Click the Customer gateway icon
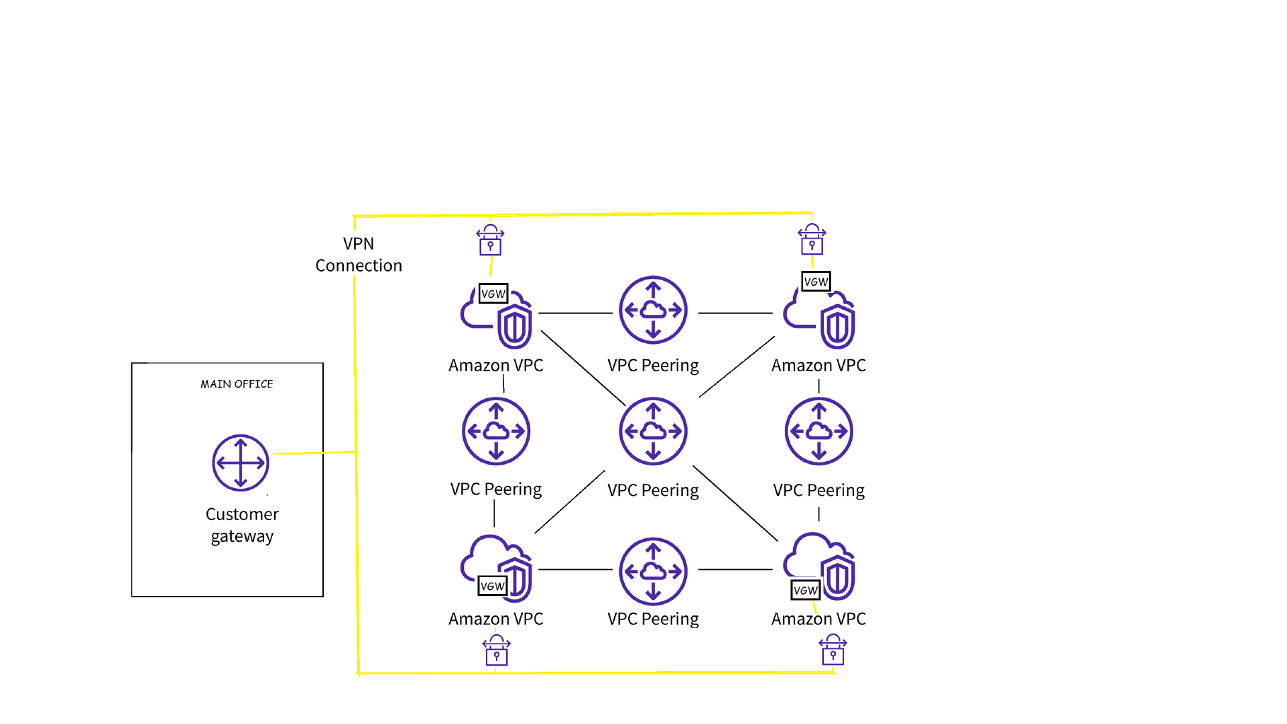click(x=241, y=463)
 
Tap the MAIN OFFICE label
click(x=237, y=384)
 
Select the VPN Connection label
click(x=359, y=255)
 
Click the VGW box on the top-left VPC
click(x=493, y=294)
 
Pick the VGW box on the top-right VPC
click(x=816, y=282)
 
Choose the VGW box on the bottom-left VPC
click(x=493, y=586)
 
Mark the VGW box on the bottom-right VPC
click(x=805, y=590)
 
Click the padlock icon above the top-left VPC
click(x=490, y=240)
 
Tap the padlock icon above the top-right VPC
click(x=812, y=239)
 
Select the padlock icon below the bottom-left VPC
click(x=497, y=650)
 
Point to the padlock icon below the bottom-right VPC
click(x=833, y=650)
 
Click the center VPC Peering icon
click(x=653, y=431)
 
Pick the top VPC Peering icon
click(x=653, y=310)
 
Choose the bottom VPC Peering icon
click(x=653, y=571)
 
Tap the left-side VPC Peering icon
click(x=496, y=431)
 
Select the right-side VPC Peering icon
click(x=818, y=431)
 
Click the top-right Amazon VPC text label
click(x=818, y=365)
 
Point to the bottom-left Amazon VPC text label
click(x=496, y=619)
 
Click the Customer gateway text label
click(x=242, y=525)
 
